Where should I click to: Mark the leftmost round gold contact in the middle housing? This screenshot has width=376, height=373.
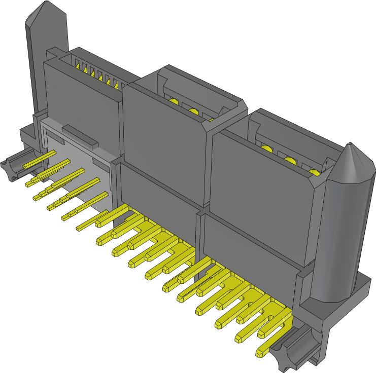174,102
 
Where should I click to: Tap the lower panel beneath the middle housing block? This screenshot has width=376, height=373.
157,188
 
